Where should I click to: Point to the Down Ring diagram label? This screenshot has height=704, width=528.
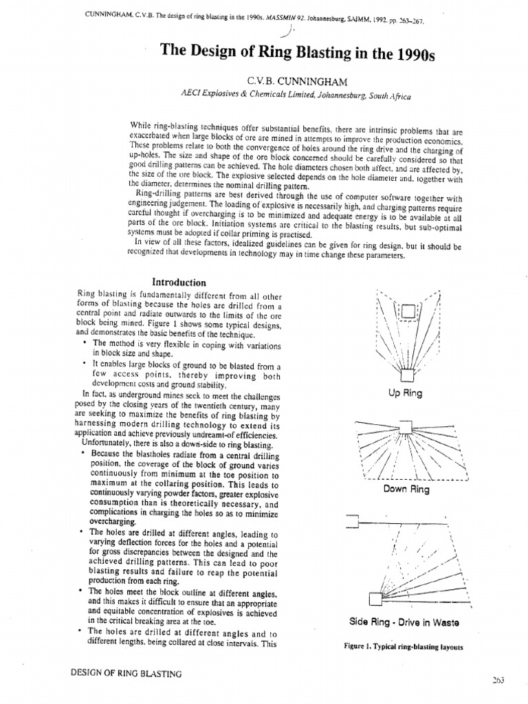click(406, 489)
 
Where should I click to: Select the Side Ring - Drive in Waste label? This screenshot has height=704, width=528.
click(404, 622)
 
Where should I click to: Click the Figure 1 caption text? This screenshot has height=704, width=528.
click(404, 647)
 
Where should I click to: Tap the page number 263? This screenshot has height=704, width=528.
click(498, 680)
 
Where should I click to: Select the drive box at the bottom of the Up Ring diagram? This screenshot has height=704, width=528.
click(408, 375)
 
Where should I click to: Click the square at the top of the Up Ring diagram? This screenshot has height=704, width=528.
click(408, 311)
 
